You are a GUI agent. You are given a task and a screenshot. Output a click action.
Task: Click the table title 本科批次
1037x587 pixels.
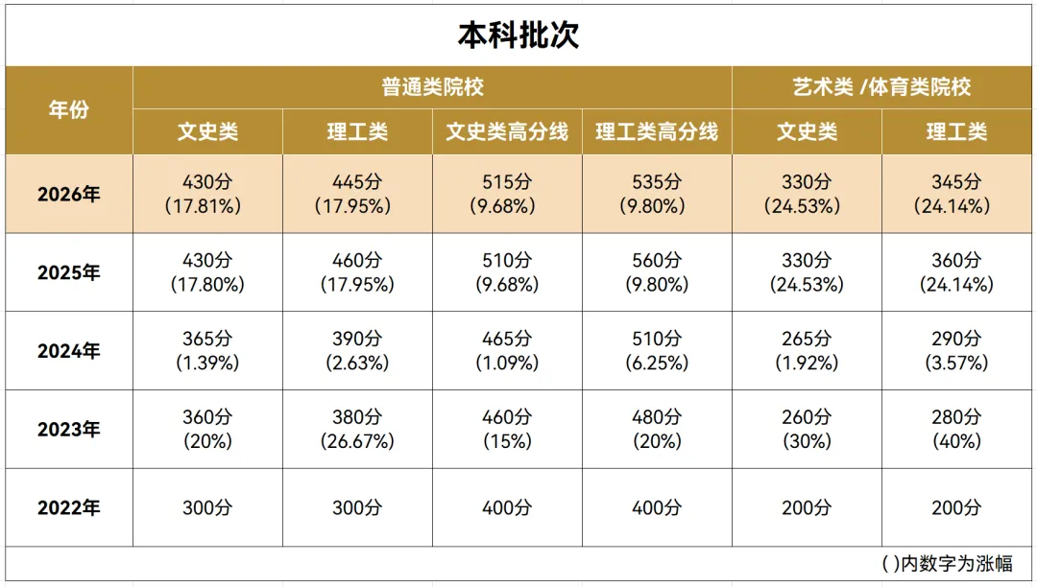518,35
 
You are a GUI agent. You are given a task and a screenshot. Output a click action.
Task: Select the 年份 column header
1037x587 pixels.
69,109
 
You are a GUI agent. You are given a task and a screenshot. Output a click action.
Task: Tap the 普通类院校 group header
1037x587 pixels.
432,87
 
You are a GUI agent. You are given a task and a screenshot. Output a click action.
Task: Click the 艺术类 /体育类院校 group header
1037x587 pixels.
881,87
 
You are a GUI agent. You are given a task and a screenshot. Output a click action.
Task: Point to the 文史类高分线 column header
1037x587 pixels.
507,132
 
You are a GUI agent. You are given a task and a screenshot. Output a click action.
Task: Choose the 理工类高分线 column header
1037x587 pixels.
657,132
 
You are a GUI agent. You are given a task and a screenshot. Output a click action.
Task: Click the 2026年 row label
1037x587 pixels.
69,194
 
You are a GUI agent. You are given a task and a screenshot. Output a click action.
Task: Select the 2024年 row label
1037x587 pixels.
69,351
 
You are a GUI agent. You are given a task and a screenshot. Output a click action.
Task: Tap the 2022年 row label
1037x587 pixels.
69,507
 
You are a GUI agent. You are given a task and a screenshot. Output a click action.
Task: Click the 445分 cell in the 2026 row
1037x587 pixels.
357,194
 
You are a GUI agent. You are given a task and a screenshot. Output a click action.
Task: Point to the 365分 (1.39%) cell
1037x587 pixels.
207,351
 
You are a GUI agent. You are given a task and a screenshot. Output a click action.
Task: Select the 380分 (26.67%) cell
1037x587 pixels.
357,429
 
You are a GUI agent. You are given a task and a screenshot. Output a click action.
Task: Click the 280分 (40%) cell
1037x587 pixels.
956,429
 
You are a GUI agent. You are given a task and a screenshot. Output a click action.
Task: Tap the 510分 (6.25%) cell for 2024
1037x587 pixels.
657,351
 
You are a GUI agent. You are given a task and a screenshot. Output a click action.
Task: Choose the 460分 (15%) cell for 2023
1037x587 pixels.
507,429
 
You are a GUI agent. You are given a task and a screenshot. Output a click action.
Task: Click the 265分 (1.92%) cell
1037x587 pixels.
807,351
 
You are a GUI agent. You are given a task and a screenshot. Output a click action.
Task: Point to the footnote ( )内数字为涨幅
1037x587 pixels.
947,564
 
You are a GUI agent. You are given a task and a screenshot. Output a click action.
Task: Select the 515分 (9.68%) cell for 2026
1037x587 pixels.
507,194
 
